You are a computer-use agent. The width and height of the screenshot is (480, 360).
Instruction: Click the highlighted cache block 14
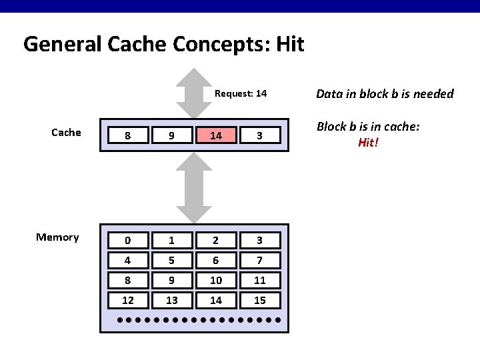click(216, 135)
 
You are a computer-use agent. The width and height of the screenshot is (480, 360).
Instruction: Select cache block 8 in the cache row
click(128, 135)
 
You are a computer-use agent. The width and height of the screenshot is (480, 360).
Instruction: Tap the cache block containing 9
click(172, 135)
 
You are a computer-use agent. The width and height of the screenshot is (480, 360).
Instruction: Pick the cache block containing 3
click(260, 135)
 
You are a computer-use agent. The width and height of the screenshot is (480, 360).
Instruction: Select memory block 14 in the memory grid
click(216, 300)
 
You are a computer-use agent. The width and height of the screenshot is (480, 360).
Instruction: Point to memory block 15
click(260, 300)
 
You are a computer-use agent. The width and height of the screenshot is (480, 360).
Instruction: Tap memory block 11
click(260, 281)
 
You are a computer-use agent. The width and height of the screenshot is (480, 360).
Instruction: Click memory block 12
click(128, 300)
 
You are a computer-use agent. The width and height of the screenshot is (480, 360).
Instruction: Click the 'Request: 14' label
click(241, 94)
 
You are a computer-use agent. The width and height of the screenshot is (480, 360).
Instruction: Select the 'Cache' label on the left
click(66, 132)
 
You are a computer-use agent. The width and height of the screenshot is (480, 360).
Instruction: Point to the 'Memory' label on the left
click(57, 237)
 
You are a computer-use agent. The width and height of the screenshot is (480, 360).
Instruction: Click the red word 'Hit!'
click(368, 143)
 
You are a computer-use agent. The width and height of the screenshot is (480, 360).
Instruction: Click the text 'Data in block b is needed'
click(385, 94)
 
